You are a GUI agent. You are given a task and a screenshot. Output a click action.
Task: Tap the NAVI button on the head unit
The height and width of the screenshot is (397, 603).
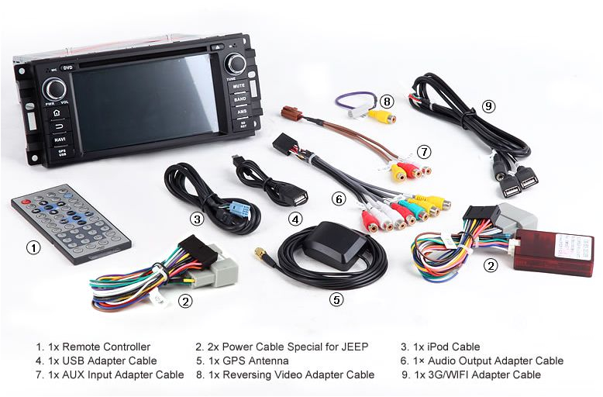tap(59, 139)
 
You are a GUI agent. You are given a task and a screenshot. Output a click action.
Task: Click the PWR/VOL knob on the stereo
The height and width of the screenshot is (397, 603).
tap(53, 88)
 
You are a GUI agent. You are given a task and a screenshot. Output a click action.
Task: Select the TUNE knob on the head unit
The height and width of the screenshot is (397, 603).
tap(236, 63)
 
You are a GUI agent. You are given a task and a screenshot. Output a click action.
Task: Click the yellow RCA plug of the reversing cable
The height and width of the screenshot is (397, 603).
tap(382, 118)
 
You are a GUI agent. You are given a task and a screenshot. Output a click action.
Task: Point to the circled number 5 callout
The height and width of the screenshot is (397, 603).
tap(335, 298)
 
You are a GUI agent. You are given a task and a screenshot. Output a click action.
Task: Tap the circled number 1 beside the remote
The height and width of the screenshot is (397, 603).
tap(33, 248)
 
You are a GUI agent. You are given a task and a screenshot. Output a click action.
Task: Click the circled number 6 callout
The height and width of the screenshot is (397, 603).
tap(338, 199)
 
